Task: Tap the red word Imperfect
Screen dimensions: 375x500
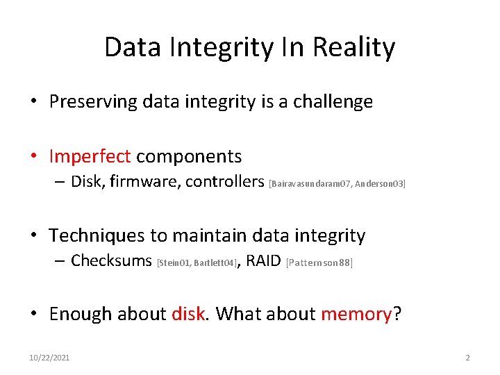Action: (x=90, y=156)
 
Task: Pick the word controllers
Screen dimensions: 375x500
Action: (x=224, y=182)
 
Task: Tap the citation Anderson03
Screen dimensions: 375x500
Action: (x=380, y=184)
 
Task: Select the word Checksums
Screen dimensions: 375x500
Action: (x=111, y=261)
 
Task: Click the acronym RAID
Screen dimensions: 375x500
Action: (x=263, y=261)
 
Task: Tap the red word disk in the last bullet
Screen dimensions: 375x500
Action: (x=187, y=314)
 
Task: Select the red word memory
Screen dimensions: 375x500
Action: (x=356, y=314)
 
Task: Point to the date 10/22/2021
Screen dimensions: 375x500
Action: (x=49, y=358)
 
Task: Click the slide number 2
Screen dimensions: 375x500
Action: (x=467, y=358)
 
